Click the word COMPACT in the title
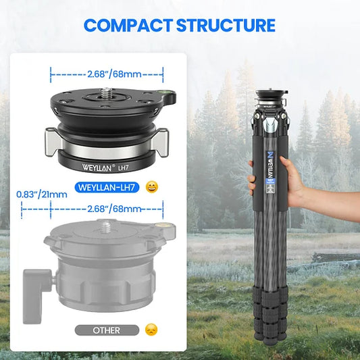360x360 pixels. tap(128, 25)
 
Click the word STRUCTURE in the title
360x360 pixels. tap(226, 25)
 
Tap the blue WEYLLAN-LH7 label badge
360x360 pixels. tap(107, 187)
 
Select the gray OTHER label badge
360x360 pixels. tap(107, 330)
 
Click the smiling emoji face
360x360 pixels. tap(152, 187)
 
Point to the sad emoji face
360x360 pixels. tap(151, 330)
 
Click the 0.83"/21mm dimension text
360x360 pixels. tap(42, 195)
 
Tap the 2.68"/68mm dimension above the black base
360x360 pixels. tap(114, 74)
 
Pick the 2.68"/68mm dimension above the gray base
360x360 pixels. tap(114, 209)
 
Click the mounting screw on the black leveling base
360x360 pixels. tap(106, 92)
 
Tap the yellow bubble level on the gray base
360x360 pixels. tap(162, 225)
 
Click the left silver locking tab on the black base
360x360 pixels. tap(54, 142)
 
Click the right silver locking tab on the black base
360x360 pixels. tap(160, 143)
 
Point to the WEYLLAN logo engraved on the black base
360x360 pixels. tap(97, 167)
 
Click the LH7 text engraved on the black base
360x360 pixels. tap(123, 168)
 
